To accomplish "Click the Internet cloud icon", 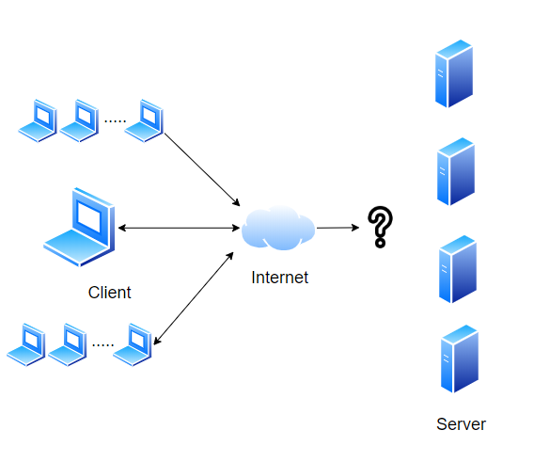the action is pyautogui.click(x=278, y=228).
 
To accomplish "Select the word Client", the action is pyautogui.click(x=109, y=293).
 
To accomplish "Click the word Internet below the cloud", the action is pyautogui.click(x=279, y=278).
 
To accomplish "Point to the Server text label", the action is pyautogui.click(x=461, y=424).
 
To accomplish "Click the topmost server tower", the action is pyautogui.click(x=454, y=73).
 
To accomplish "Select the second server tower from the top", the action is pyautogui.click(x=456, y=171).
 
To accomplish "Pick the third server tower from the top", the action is pyautogui.click(x=457, y=269).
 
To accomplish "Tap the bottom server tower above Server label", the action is pyautogui.click(x=460, y=358).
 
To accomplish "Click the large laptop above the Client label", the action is pyautogui.click(x=79, y=227).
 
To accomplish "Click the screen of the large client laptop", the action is pyautogui.click(x=88, y=216).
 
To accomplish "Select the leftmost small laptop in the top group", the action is pyautogui.click(x=38, y=120).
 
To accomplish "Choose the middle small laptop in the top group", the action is pyautogui.click(x=79, y=120).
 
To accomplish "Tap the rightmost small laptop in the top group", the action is pyautogui.click(x=144, y=120).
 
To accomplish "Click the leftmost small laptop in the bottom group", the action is pyautogui.click(x=26, y=344).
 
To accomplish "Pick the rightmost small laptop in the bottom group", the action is pyautogui.click(x=133, y=344).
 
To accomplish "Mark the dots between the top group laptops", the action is pyautogui.click(x=115, y=121).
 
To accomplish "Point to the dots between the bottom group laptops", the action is pyautogui.click(x=102, y=345).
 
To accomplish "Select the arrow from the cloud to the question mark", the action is pyautogui.click(x=338, y=228).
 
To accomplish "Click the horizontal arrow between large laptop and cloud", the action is pyautogui.click(x=180, y=228).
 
